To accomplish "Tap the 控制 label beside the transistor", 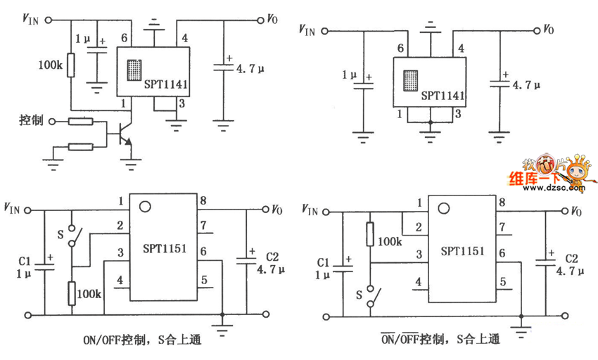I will click(x=31, y=120).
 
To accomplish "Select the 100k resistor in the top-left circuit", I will click(x=71, y=65).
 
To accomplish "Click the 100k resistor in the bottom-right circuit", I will click(x=369, y=234).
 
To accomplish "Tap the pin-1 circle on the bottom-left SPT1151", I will click(x=146, y=207).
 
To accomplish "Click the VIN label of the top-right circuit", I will click(x=307, y=30).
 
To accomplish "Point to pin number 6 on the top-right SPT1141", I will click(x=400, y=49).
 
